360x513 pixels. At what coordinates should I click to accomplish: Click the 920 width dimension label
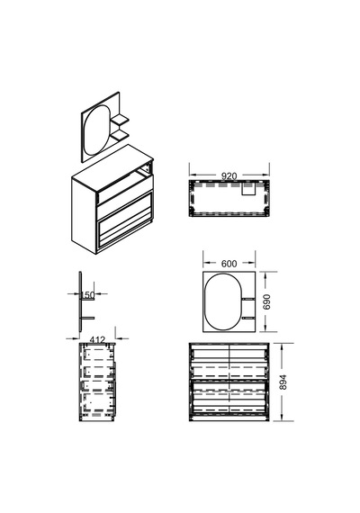(x=229, y=176)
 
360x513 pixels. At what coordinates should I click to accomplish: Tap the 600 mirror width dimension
(x=229, y=264)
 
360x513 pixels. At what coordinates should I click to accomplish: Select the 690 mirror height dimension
(x=267, y=301)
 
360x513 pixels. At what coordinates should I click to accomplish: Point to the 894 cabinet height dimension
(x=283, y=382)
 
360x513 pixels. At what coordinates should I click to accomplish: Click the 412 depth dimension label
(x=97, y=340)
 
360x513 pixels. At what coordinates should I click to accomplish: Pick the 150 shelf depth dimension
(x=87, y=295)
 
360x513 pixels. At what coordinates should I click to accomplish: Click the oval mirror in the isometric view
(x=95, y=130)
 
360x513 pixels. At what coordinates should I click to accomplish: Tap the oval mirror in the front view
(x=223, y=301)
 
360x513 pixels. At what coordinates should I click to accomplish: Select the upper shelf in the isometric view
(x=120, y=120)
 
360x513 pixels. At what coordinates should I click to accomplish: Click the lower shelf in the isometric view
(x=120, y=135)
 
